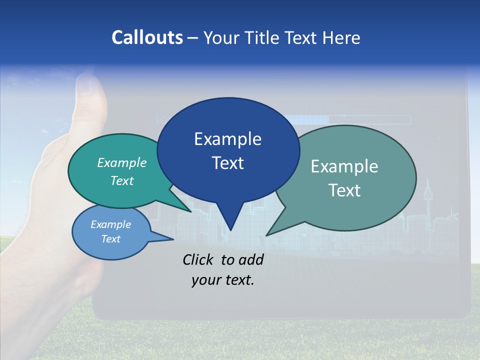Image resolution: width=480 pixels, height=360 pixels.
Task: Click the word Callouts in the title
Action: pos(147,37)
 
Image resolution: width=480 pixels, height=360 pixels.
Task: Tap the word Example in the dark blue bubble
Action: pos(227,139)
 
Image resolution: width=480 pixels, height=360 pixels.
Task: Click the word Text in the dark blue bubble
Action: pos(227,163)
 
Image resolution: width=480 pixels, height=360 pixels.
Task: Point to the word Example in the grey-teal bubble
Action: pos(344,166)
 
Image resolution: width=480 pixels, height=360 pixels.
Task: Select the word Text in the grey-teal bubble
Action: pos(344,190)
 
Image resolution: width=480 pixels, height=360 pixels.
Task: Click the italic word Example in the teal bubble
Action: pos(122,163)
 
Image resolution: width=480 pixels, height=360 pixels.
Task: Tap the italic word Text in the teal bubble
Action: pos(122,181)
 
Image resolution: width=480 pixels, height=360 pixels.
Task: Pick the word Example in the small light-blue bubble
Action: pos(110,224)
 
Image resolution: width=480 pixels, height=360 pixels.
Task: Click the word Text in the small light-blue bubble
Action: pos(110,239)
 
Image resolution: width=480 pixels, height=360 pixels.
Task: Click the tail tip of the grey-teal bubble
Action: pos(267,234)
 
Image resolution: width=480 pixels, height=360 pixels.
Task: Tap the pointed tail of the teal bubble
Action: pos(190,211)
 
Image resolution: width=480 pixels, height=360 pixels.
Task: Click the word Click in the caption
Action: pos(199,259)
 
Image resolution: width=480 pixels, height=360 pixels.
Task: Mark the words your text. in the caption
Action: pos(223,280)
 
